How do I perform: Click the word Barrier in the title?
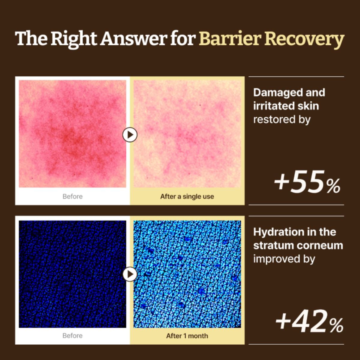(x=229, y=39)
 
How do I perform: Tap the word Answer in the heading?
(x=133, y=39)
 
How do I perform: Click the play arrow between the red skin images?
(x=130, y=134)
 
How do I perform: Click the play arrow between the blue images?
(x=130, y=274)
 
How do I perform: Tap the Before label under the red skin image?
(x=73, y=196)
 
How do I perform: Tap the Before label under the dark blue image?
(x=73, y=336)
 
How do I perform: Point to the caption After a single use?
(x=187, y=196)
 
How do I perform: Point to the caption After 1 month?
(x=187, y=336)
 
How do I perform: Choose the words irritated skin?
(x=286, y=106)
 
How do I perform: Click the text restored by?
(x=282, y=120)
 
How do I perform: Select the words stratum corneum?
(x=298, y=245)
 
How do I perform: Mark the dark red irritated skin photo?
(x=73, y=134)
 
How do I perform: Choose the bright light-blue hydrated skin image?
(x=187, y=274)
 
